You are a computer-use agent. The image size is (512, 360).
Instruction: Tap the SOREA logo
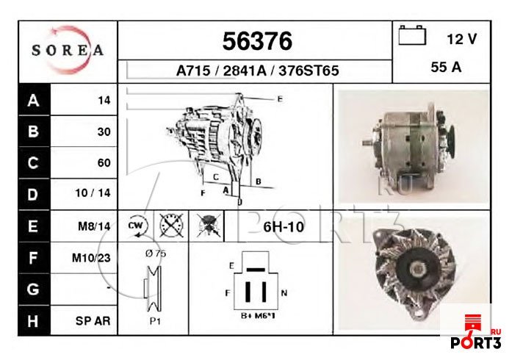(x=68, y=51)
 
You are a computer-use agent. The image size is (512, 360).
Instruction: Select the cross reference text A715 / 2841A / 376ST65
(x=257, y=71)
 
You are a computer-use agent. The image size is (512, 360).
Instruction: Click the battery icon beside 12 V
(x=412, y=35)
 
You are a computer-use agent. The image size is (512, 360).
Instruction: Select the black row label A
(x=32, y=101)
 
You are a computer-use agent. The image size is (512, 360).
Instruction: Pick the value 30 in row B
(x=104, y=132)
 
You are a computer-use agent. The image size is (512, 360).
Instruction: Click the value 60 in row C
(x=104, y=163)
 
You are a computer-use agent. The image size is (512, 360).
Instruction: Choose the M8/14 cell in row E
(x=94, y=227)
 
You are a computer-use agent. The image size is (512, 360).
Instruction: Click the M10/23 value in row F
(x=92, y=258)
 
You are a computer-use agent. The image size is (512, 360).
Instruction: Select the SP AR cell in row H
(x=93, y=321)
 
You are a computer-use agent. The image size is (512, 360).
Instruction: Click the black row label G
(x=32, y=289)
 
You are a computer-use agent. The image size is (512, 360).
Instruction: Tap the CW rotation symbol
(x=137, y=226)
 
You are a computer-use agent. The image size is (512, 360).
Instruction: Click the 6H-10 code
(x=284, y=226)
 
